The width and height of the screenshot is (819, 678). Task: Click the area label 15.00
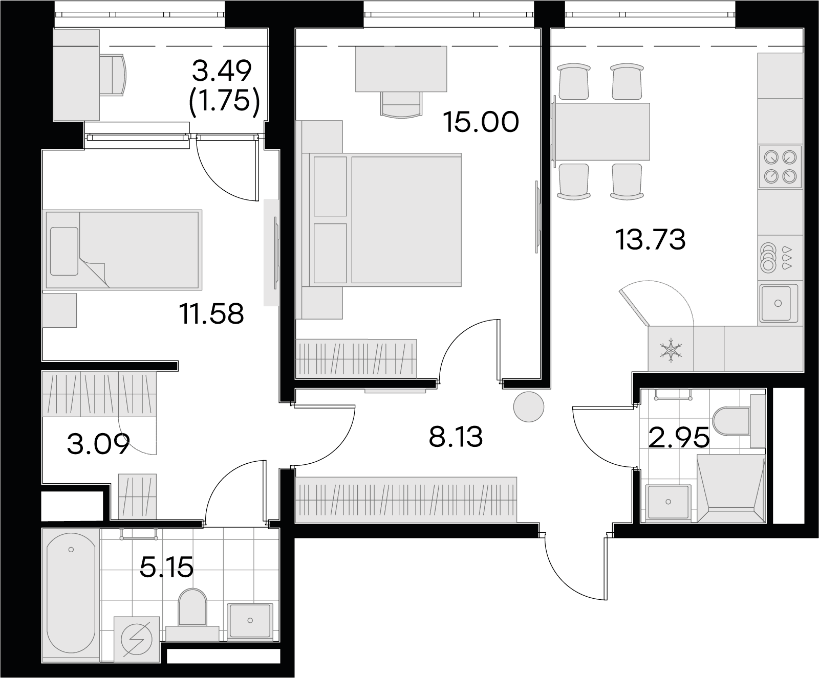[x=481, y=122]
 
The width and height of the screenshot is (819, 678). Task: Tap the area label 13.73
[x=651, y=240]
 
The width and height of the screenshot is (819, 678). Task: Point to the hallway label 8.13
[x=456, y=438]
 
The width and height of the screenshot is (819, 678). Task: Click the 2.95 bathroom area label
[x=679, y=438]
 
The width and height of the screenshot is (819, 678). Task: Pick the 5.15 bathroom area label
[x=167, y=567]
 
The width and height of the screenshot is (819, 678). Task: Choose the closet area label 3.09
[x=98, y=444]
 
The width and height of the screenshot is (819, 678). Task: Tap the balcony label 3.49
[x=222, y=71]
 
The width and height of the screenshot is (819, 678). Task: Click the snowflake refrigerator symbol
[x=670, y=350]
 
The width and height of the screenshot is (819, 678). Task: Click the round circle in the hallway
[x=529, y=406]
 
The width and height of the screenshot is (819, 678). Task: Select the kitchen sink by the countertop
[x=778, y=303]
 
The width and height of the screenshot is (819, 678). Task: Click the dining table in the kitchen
[x=602, y=131]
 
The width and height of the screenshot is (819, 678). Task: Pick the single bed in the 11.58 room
[x=122, y=250]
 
